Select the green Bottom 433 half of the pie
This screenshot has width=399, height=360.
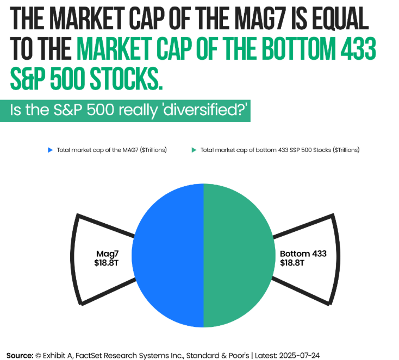[239, 256]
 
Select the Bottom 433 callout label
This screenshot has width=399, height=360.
[303, 253]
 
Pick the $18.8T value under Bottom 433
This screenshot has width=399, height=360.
[292, 262]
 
